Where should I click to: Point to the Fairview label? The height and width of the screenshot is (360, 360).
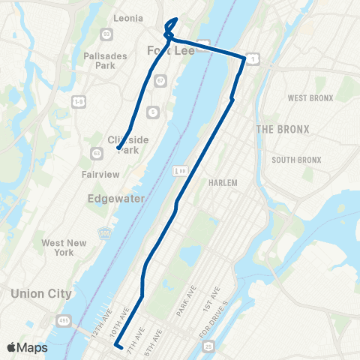click(x=101, y=175)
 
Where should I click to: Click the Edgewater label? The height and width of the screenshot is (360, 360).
click(x=111, y=199)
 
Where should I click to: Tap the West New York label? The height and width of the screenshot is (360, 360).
click(x=64, y=247)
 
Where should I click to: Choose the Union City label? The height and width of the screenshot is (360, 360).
click(x=42, y=294)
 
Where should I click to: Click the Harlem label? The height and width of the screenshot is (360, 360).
click(x=223, y=183)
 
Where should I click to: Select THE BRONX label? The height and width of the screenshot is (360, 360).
click(x=283, y=129)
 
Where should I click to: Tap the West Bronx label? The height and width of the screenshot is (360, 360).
click(x=309, y=98)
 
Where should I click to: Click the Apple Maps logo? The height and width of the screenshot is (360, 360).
click(x=26, y=347)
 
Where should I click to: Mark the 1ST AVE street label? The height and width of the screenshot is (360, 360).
click(x=216, y=299)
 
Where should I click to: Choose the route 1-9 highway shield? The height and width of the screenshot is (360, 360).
click(x=77, y=100)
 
